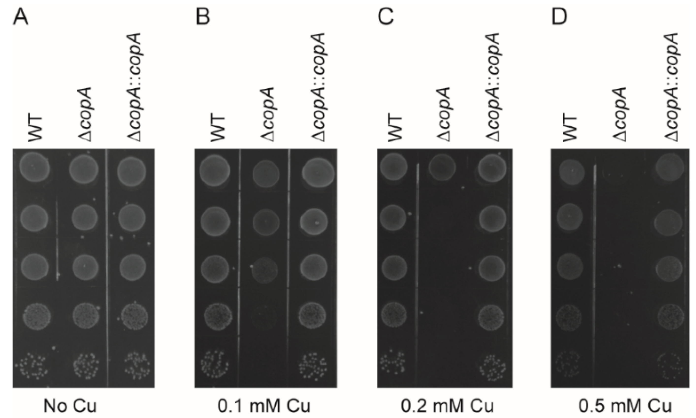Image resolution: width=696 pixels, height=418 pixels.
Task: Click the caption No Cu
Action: coord(70,406)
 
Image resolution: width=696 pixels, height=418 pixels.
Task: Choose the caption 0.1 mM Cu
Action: coord(264,406)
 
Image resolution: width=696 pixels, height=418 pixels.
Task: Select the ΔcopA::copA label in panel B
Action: coord(318,87)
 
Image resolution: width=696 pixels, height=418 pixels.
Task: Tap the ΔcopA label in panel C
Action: coord(444,114)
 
